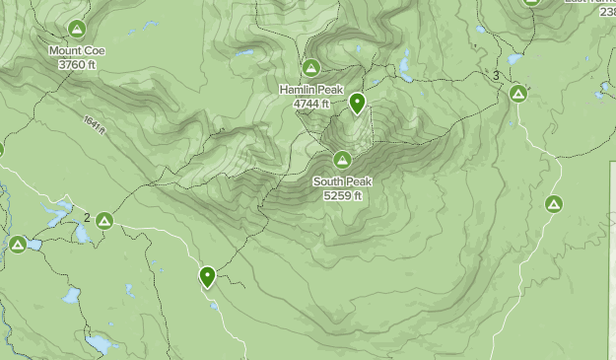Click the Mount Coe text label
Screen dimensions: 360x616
click(x=77, y=50)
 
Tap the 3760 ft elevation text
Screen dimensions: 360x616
click(x=77, y=64)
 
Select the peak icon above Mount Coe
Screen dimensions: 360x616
click(x=77, y=29)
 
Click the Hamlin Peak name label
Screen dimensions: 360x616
click(x=310, y=89)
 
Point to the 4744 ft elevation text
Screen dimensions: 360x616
click(x=310, y=103)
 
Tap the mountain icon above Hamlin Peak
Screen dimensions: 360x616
click(x=310, y=68)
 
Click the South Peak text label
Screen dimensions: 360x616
click(x=342, y=181)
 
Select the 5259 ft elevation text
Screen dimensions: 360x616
click(x=342, y=195)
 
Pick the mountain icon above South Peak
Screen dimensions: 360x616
click(x=342, y=160)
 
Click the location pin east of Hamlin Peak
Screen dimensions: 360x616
click(x=357, y=102)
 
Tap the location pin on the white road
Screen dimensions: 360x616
click(x=207, y=276)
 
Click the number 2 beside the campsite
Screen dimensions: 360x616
click(x=87, y=218)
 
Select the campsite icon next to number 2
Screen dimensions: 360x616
click(x=104, y=220)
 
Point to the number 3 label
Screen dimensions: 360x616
click(x=496, y=76)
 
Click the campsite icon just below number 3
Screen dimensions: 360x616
click(x=517, y=95)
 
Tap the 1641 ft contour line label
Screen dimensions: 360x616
click(x=94, y=124)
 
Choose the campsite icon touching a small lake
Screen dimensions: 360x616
click(x=18, y=244)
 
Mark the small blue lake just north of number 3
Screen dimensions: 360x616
click(x=513, y=59)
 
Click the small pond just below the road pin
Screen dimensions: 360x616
click(x=214, y=305)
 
